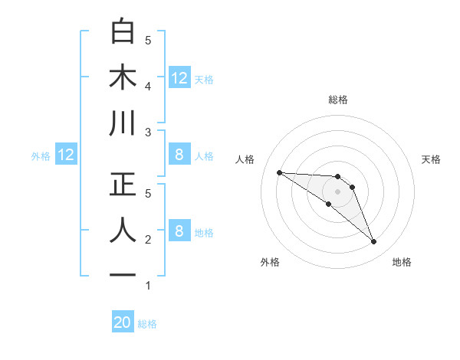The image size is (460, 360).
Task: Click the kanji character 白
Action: (x=123, y=32)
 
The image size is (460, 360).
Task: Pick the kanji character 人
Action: (x=123, y=230)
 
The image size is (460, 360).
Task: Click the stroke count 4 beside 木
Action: (x=148, y=87)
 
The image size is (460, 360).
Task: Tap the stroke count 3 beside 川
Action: (x=148, y=133)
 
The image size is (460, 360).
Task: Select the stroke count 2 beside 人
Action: (x=148, y=240)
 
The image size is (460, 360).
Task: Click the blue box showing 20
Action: (x=123, y=322)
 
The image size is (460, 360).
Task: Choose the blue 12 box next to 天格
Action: (x=179, y=77)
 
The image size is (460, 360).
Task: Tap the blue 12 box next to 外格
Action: (x=66, y=155)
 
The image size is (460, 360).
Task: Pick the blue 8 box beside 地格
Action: (x=179, y=231)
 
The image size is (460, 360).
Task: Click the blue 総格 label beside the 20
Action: (x=147, y=324)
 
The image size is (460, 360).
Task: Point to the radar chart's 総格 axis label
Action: (x=338, y=100)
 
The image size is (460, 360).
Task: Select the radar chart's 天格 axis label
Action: (x=432, y=159)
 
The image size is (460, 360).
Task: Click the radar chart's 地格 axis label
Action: (x=402, y=262)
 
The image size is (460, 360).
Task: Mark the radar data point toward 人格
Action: (x=279, y=172)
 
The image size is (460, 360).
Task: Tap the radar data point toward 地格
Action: (x=374, y=242)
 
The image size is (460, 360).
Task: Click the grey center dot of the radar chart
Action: (x=338, y=191)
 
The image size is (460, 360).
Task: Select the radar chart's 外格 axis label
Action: (x=270, y=262)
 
